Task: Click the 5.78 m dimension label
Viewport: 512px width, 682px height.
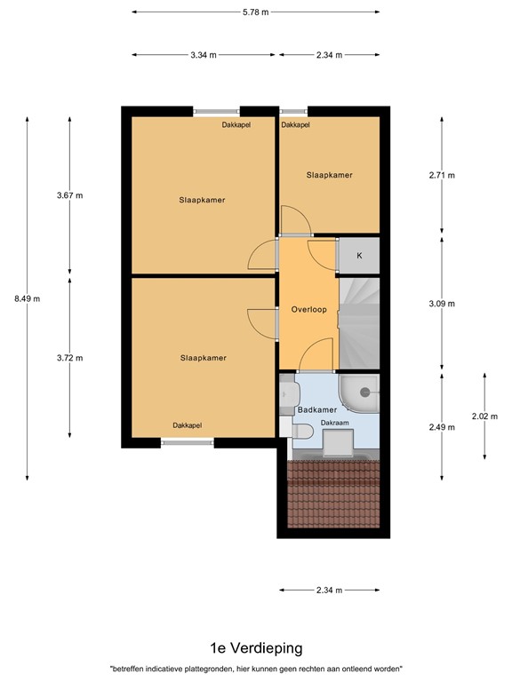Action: pos(256,12)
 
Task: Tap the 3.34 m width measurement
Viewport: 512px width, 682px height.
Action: pos(204,55)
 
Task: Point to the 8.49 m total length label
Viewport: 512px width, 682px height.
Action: pos(27,298)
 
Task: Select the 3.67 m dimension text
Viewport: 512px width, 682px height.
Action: pos(69,195)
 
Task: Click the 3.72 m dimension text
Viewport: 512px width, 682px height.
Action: pos(69,358)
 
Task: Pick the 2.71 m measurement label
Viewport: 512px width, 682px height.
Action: pos(442,175)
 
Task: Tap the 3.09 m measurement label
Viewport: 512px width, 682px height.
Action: pos(442,304)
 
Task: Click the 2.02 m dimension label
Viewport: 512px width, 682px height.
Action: pos(484,416)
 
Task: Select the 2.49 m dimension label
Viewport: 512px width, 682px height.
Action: pos(442,427)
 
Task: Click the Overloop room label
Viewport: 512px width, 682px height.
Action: pos(308,310)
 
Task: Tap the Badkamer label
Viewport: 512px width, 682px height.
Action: pos(317,409)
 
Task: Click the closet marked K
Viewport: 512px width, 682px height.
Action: pos(359,256)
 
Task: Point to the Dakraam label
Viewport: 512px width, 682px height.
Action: pos(335,423)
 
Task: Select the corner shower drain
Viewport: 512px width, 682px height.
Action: pos(364,393)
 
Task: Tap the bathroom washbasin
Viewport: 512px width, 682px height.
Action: pos(289,393)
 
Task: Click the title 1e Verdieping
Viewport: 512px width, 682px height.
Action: pos(256,648)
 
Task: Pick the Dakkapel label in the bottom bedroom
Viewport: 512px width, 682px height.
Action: pos(188,425)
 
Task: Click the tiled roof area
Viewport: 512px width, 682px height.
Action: pos(333,494)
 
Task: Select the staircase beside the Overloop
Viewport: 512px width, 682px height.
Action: pos(359,323)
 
